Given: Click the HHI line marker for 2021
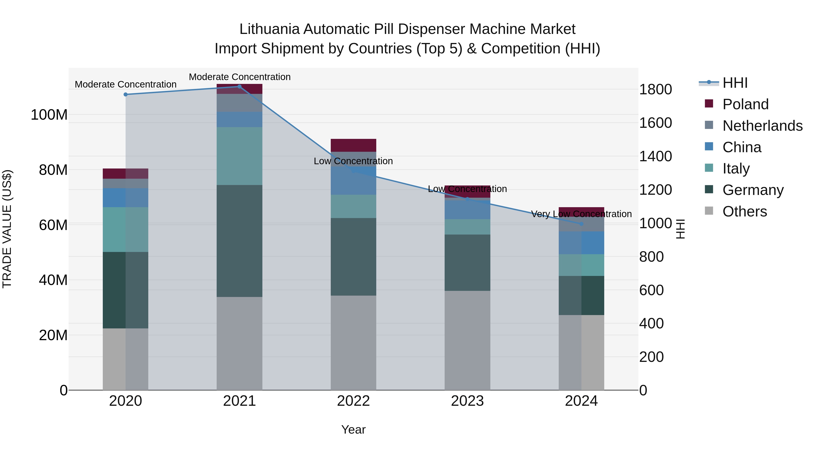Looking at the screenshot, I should [239, 87].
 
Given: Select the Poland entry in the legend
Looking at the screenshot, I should [745, 104].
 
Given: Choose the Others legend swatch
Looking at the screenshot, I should [709, 211].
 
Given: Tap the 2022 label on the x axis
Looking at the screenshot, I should [353, 401].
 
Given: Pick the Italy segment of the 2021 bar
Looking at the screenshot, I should [239, 156].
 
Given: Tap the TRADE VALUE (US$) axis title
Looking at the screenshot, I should [7, 229].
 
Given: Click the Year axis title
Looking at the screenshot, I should [353, 430].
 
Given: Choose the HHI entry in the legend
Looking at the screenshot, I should [734, 83].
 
